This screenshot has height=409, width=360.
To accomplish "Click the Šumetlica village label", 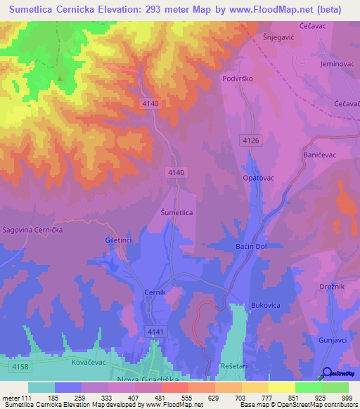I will tap(177, 212).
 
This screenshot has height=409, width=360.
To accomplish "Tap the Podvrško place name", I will tap(236, 79).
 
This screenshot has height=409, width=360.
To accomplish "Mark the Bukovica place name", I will tap(266, 306).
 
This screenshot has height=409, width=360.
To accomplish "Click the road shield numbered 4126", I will tap(250, 141).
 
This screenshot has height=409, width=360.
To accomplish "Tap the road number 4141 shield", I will tap(155, 330).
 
